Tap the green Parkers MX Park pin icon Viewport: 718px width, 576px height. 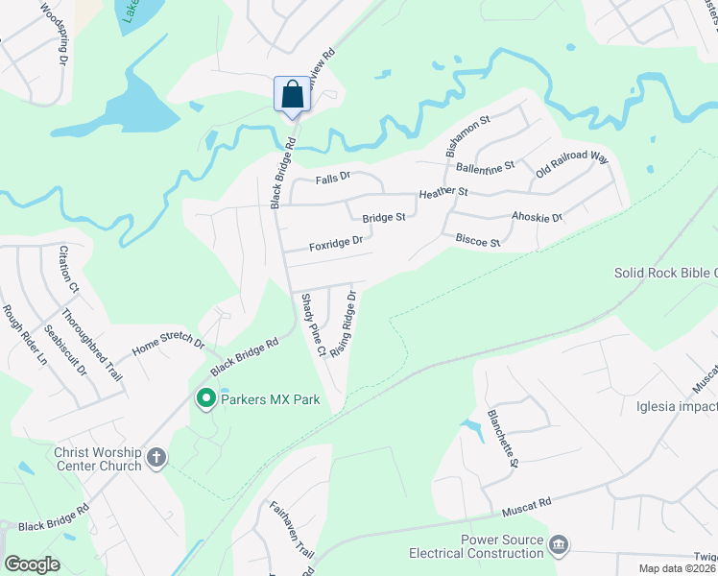point(204,398)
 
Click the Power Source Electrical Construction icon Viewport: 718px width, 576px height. point(558,545)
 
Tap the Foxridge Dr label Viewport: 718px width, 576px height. point(335,244)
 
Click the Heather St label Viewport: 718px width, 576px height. point(443,193)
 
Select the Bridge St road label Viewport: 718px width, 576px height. point(384,218)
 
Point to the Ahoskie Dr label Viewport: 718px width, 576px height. point(537,217)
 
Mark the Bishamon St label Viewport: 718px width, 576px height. point(467,136)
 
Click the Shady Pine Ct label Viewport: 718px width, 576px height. point(313,324)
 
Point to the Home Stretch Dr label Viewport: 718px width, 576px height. point(169,342)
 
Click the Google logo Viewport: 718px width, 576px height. point(33,564)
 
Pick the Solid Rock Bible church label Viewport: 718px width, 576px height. point(665,274)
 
